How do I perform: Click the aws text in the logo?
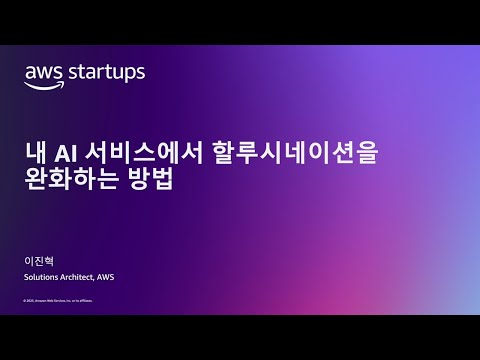point(45,72)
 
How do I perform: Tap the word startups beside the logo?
point(107,73)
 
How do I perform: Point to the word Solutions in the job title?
point(42,276)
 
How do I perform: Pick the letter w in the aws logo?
point(45,73)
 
